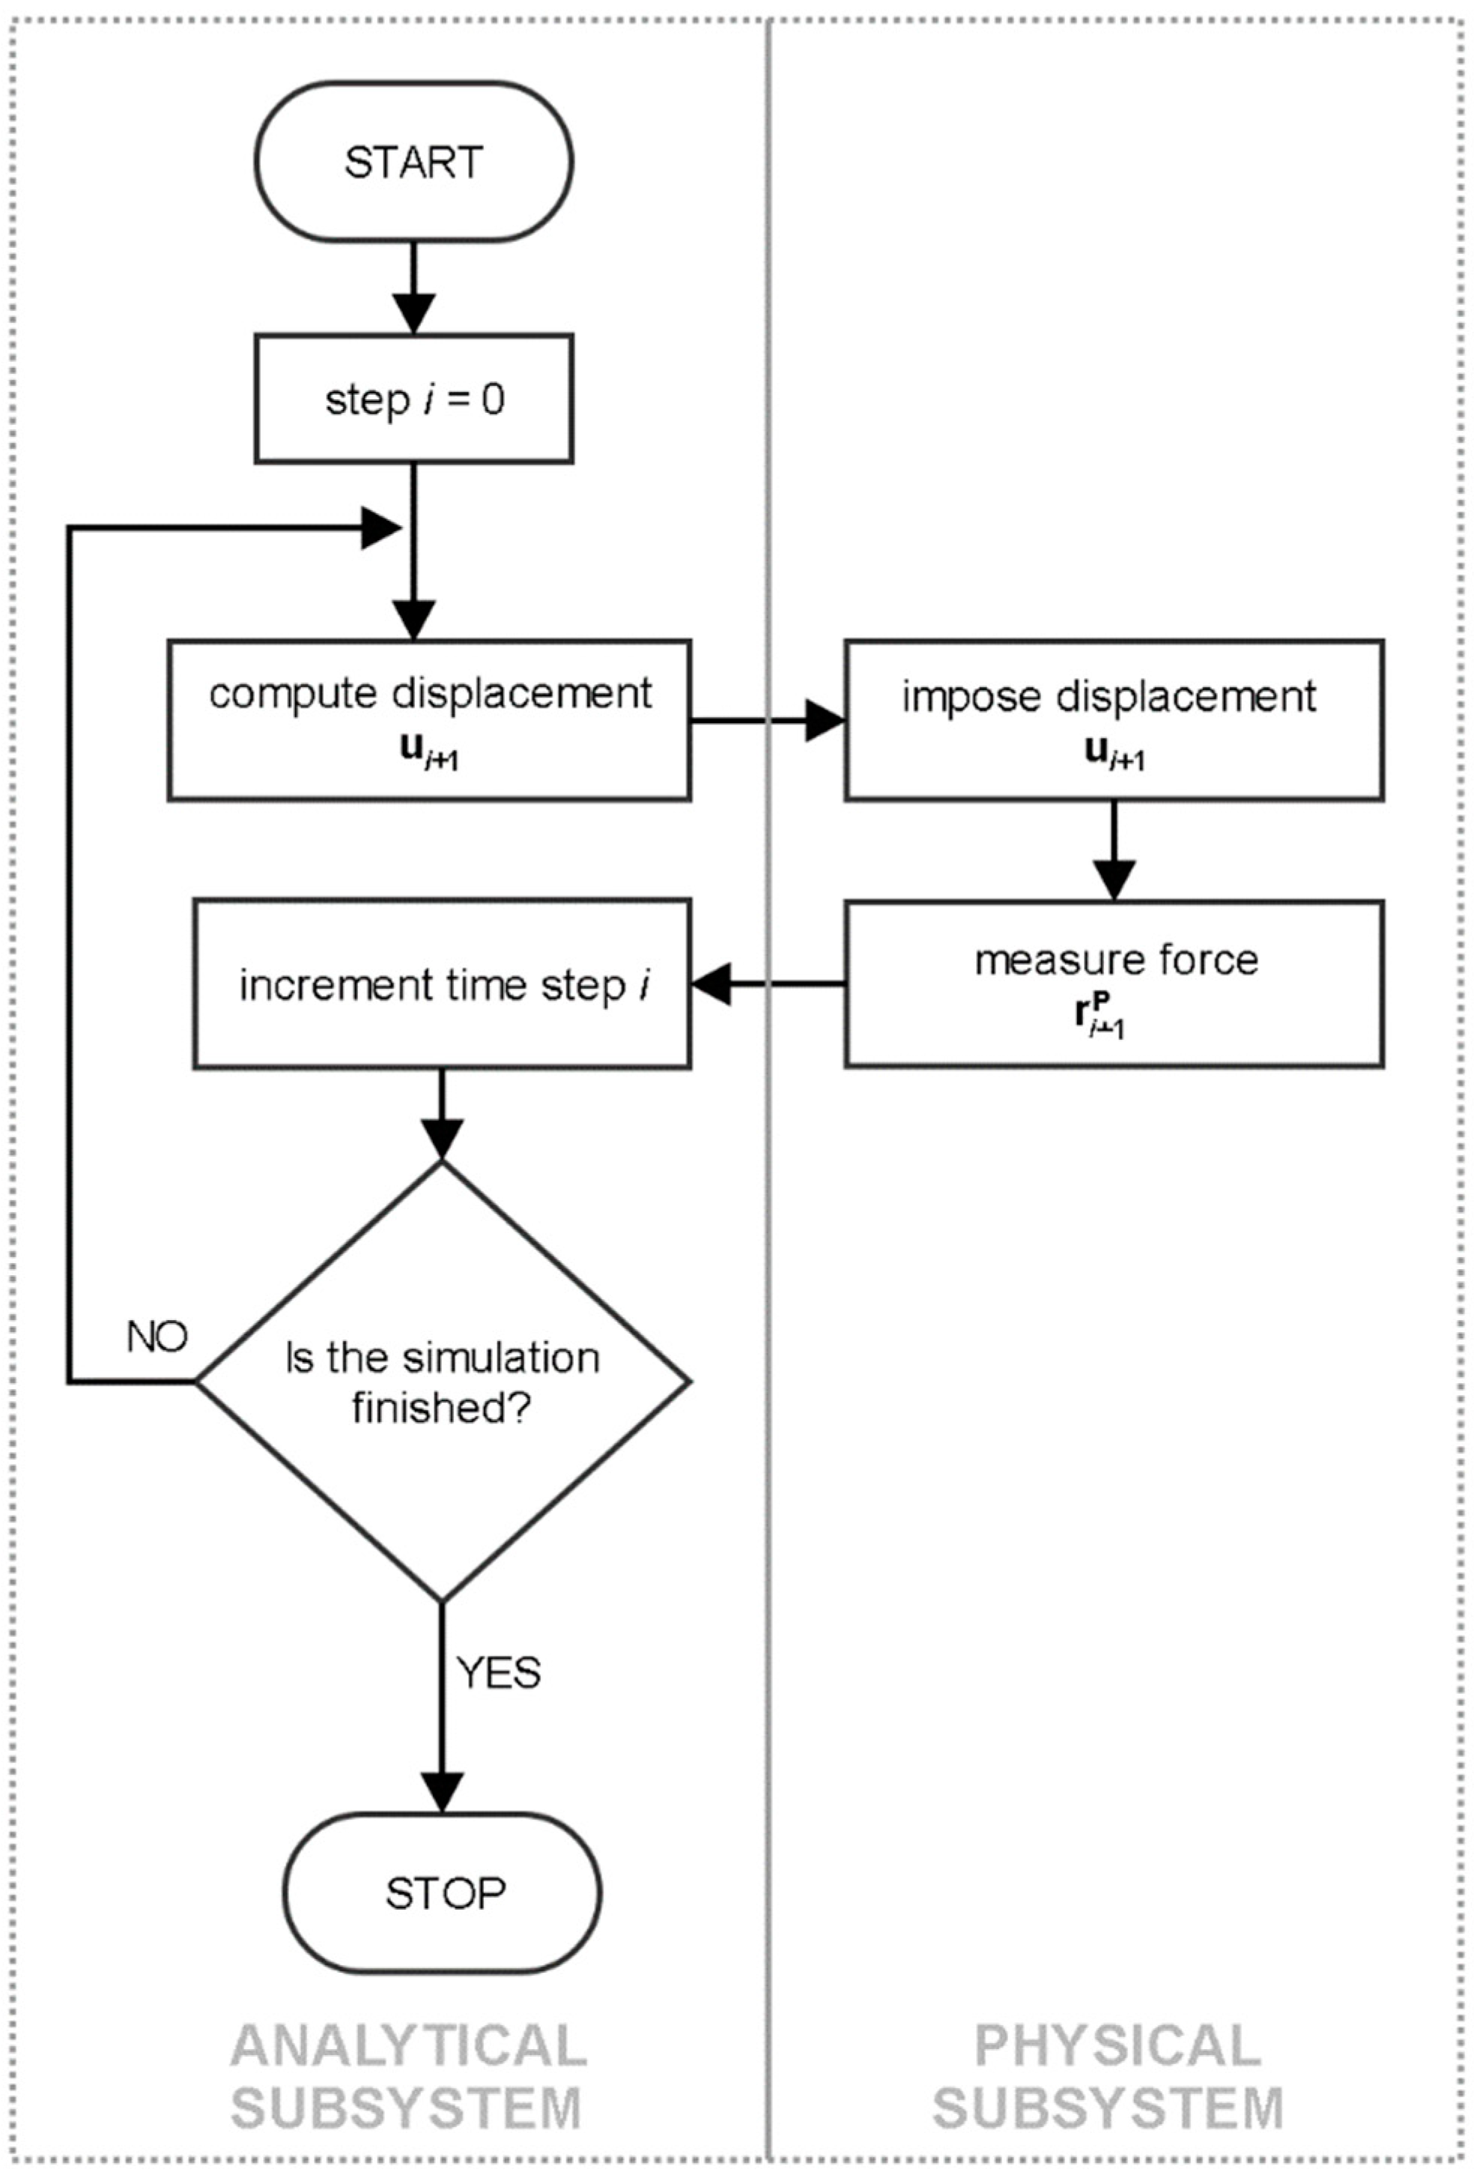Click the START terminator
pos(413,162)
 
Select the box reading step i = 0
pos(413,399)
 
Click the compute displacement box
pos(429,720)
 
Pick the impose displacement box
pos(1113,720)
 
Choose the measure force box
pos(1113,984)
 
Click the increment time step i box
pos(443,984)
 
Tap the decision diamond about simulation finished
pos(443,1381)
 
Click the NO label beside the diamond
pos(157,1337)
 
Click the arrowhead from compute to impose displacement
pos(825,721)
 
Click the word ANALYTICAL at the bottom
pos(408,2045)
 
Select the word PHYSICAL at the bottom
pos(1117,2045)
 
